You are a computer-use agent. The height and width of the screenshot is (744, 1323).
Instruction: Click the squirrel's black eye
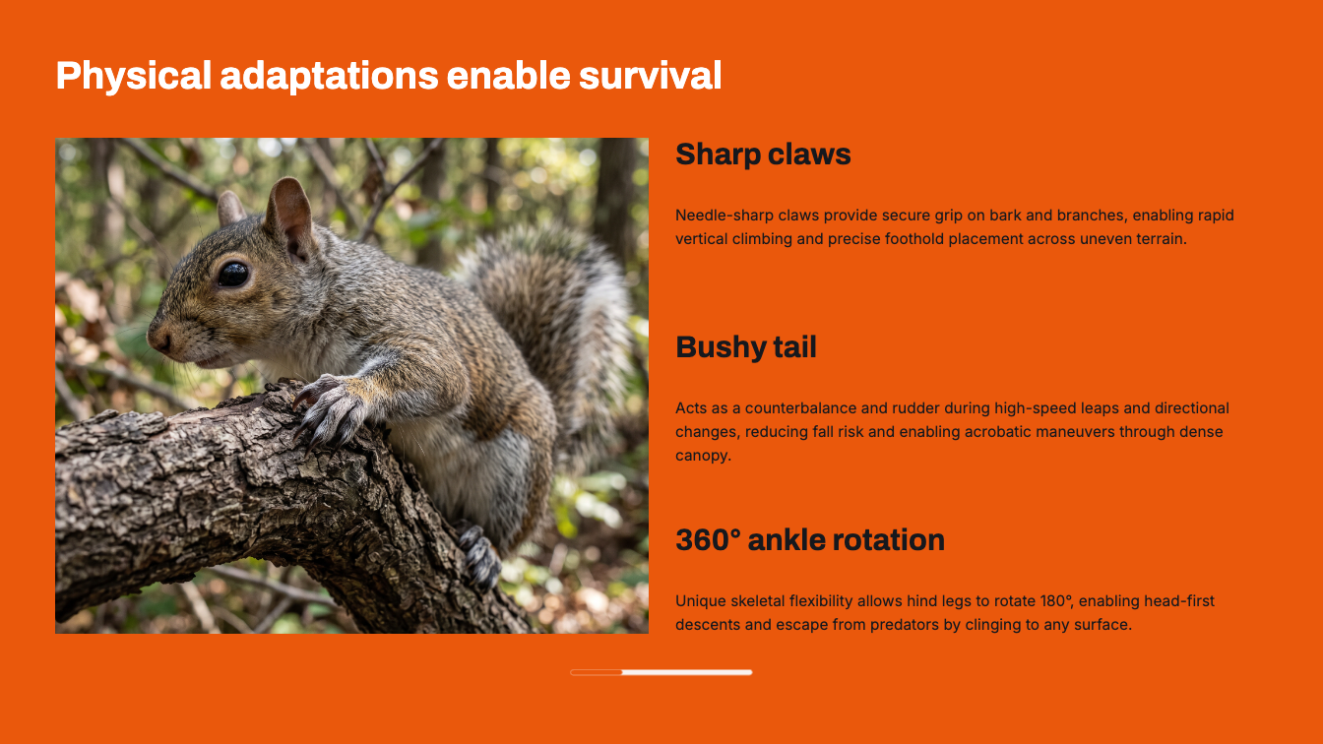pyautogui.click(x=233, y=275)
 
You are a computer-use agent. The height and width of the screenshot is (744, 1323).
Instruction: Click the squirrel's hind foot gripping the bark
pyautogui.click(x=479, y=556)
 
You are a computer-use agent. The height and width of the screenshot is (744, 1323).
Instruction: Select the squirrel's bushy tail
pyautogui.click(x=549, y=307)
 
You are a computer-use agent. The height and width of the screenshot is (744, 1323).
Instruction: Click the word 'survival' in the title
pyautogui.click(x=650, y=76)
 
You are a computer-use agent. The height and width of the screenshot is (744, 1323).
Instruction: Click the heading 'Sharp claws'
pyautogui.click(x=763, y=155)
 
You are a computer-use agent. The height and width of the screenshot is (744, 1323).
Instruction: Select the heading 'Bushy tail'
pyautogui.click(x=746, y=347)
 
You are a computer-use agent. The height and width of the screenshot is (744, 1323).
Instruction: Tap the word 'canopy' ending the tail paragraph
pyautogui.click(x=701, y=456)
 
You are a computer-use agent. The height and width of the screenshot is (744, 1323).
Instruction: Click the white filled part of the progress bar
pyautogui.click(x=687, y=672)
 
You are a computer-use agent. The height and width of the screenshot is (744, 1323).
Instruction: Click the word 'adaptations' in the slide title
pyautogui.click(x=329, y=76)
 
